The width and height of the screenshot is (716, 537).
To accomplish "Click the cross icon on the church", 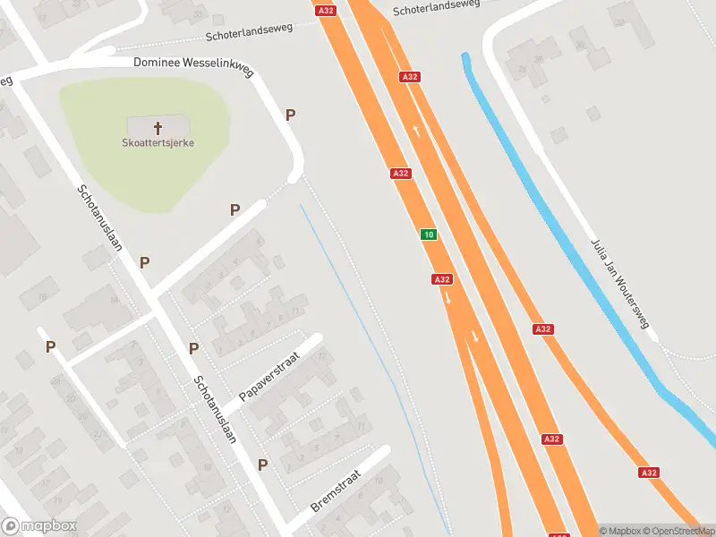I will [x=159, y=127].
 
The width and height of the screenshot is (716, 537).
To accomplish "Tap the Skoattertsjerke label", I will [x=159, y=142].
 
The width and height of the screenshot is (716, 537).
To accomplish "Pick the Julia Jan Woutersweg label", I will [x=619, y=284].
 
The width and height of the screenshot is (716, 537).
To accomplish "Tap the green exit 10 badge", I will [x=430, y=234].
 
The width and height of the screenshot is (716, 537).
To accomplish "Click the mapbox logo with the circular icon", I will [x=39, y=526].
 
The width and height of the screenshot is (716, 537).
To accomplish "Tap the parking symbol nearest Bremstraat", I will [x=263, y=465].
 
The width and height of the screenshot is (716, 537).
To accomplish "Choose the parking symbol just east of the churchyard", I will [x=290, y=115].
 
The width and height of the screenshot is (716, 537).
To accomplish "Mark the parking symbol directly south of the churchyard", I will [x=234, y=209].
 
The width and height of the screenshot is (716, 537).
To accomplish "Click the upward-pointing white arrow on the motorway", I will [x=417, y=131].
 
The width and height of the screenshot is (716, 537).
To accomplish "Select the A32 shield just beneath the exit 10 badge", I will [x=441, y=279].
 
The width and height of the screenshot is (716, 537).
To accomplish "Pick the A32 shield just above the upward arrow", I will [x=410, y=77].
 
